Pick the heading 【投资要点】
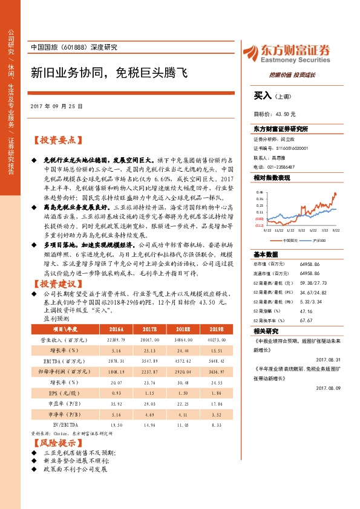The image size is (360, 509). click(57, 140)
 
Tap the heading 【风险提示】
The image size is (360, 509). click(57, 443)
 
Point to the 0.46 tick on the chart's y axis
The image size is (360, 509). click(260, 193)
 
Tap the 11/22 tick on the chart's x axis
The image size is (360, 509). click(278, 230)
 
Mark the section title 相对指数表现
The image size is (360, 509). click(272, 178)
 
